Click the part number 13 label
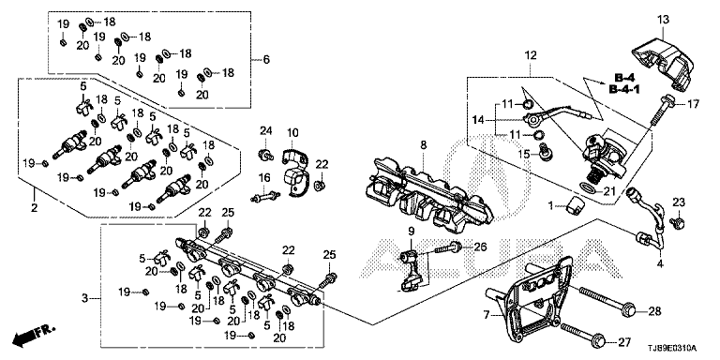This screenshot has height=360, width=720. point(663,20)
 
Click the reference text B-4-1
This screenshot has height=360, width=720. point(624,89)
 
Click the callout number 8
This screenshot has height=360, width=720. point(423,145)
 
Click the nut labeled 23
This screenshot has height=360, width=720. point(679,223)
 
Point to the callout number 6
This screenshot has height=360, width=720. point(266,60)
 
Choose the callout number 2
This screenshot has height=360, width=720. point(34,208)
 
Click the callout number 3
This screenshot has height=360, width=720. point(84,298)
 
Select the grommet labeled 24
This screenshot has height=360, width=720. point(266,155)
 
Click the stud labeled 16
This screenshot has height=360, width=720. point(265,197)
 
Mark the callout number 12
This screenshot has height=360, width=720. point(531,56)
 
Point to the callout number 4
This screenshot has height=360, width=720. point(661,264)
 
